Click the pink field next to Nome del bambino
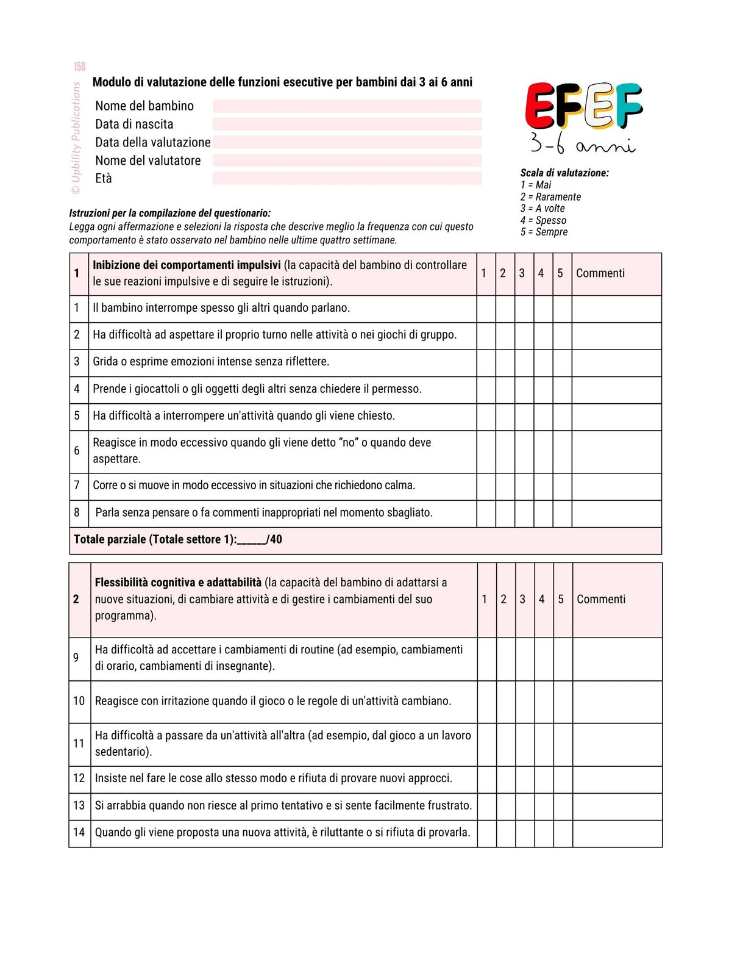tap(347, 106)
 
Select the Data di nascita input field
tap(347, 124)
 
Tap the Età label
tap(104, 179)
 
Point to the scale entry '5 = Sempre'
tap(544, 232)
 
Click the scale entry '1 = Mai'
tap(536, 185)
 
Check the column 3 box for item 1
tap(524, 309)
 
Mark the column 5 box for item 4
tap(562, 390)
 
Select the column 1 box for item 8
tap(486, 514)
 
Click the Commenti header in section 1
tap(600, 273)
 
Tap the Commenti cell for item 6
tap(616, 451)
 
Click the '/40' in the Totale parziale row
tap(274, 540)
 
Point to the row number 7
tap(77, 486)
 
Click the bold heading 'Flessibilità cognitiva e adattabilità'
tap(178, 583)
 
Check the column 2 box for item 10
tap(506, 702)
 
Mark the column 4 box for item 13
tap(544, 806)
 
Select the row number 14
tap(79, 833)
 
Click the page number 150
tap(80, 66)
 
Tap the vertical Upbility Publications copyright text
tap(76, 138)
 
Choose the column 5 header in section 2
tap(561, 600)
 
